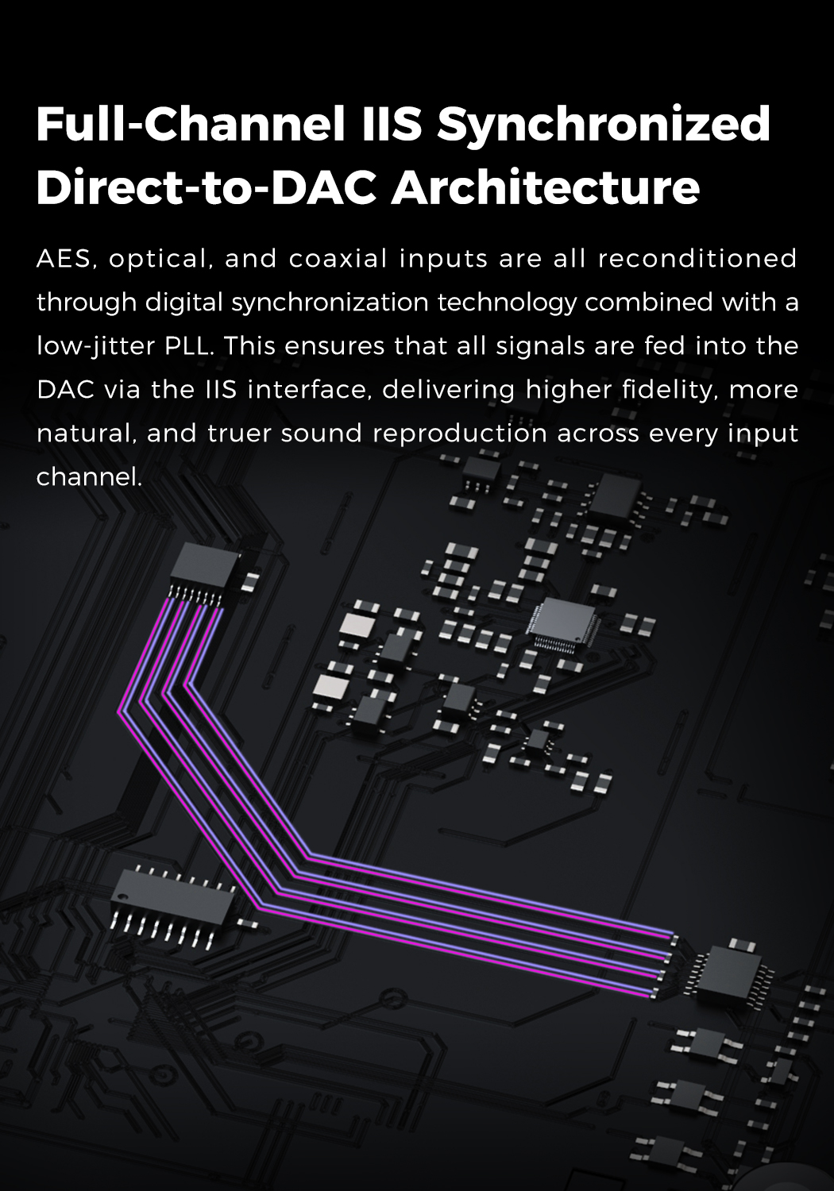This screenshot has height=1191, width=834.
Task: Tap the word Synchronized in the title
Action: click(604, 125)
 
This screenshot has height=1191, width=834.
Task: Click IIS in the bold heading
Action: click(380, 125)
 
